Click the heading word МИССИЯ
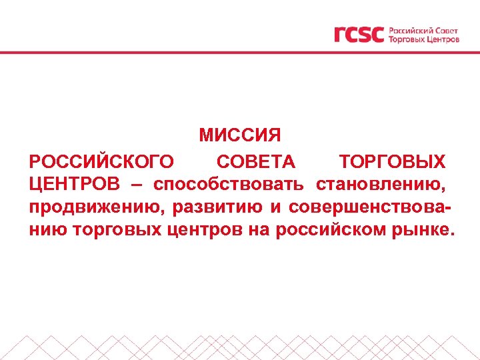point(240,135)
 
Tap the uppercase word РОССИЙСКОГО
point(101,161)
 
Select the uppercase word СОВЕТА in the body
point(256,161)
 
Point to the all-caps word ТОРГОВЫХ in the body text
point(392,161)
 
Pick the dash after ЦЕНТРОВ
point(137,184)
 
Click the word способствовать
point(229,184)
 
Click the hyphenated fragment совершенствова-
point(369,207)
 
